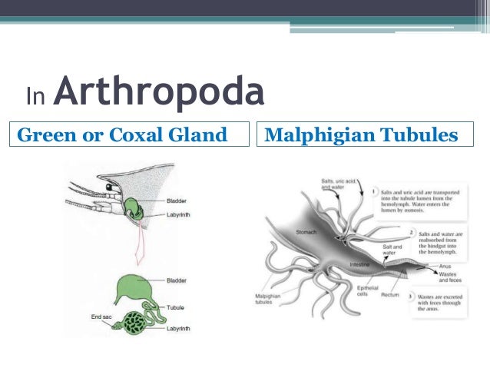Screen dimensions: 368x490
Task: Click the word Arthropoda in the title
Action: pos(160,94)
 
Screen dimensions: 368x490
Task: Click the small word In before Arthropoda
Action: pos(35,97)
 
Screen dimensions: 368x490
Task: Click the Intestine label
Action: pos(362,264)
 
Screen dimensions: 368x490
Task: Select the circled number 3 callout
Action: pos(412,296)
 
